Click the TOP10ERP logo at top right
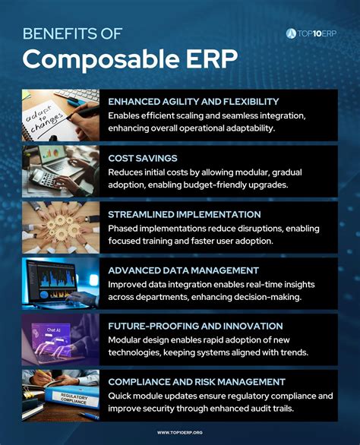pos(311,33)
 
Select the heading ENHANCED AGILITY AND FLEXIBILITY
pos(193,101)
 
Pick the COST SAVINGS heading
pos(143,157)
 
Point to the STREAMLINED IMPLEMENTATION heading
pos(185,214)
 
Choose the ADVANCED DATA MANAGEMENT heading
pos(182,270)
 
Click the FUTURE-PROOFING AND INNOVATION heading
pos(195,326)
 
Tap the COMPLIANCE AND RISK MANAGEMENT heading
pos(197,382)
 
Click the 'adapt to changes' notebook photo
pos(60,115)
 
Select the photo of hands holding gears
pos(60,227)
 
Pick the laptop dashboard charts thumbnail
pos(60,282)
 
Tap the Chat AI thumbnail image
pos(60,339)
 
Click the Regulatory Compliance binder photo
pos(60,394)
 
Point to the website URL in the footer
pos(179,433)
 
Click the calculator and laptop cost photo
pos(60,171)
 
